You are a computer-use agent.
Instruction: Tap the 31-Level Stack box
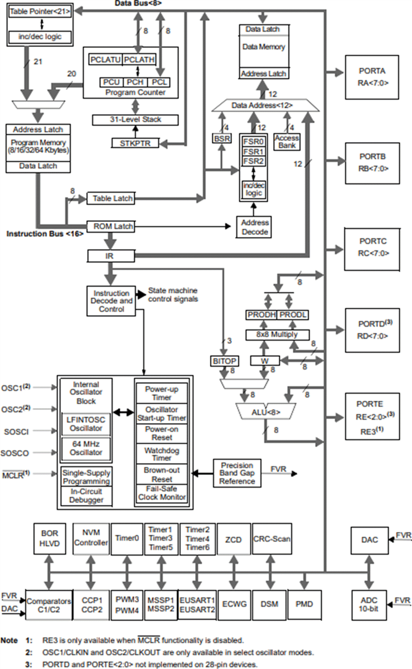(135, 119)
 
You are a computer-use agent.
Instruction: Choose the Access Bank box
(288, 142)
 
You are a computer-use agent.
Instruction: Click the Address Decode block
(255, 227)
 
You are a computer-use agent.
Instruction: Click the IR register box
(110, 255)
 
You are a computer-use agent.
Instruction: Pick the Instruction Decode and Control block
(111, 300)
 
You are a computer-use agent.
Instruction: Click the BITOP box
(224, 361)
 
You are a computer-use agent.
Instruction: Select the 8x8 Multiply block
(277, 334)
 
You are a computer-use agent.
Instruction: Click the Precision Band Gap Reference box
(237, 473)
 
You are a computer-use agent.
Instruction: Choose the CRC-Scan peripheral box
(272, 539)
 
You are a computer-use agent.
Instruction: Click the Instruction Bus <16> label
(45, 234)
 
